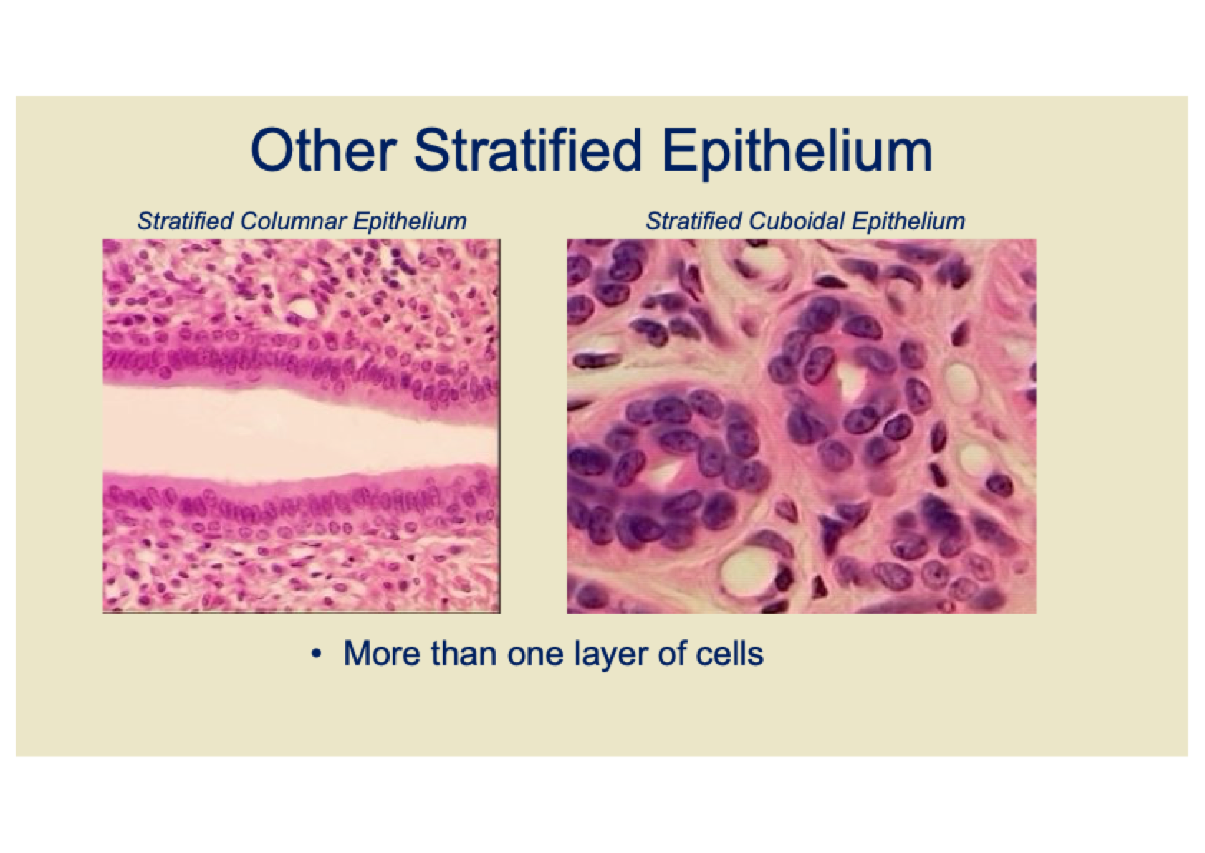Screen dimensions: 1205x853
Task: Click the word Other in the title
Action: coord(324,150)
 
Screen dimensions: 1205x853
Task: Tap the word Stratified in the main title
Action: coord(528,150)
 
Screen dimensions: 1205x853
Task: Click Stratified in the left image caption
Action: coord(186,221)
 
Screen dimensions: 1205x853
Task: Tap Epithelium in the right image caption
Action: coord(908,221)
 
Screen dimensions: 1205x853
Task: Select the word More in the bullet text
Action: coord(383,653)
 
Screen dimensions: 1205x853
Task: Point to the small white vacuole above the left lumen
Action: coord(304,308)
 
